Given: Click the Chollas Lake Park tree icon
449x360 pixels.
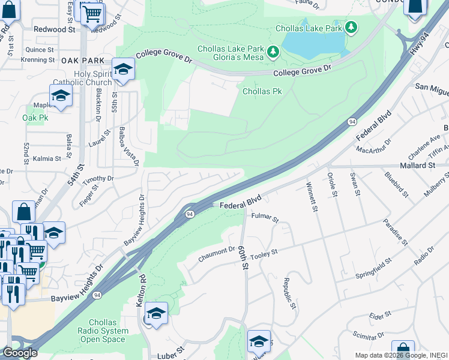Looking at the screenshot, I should [352, 28].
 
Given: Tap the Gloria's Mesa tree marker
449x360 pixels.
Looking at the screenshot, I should [274, 53].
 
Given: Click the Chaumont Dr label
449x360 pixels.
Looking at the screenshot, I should [216, 254].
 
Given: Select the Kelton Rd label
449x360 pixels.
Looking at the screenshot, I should [142, 292].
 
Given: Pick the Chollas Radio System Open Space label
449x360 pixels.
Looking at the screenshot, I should [103, 331].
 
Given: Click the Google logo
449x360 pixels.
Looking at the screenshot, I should [20, 353].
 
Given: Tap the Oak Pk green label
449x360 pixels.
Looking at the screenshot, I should [35, 118].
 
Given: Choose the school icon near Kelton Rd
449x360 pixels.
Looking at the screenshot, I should [156, 314].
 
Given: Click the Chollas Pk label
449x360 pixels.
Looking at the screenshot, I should [262, 92].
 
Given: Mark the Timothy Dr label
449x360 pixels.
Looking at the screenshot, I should [98, 179].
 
